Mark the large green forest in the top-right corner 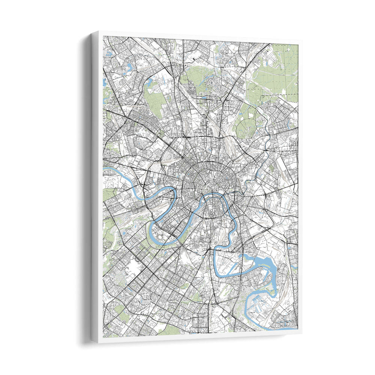pyautogui.click(x=285, y=67)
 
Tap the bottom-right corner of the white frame pyautogui.click(x=301, y=333)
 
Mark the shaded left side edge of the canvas pyautogui.click(x=95, y=187)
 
